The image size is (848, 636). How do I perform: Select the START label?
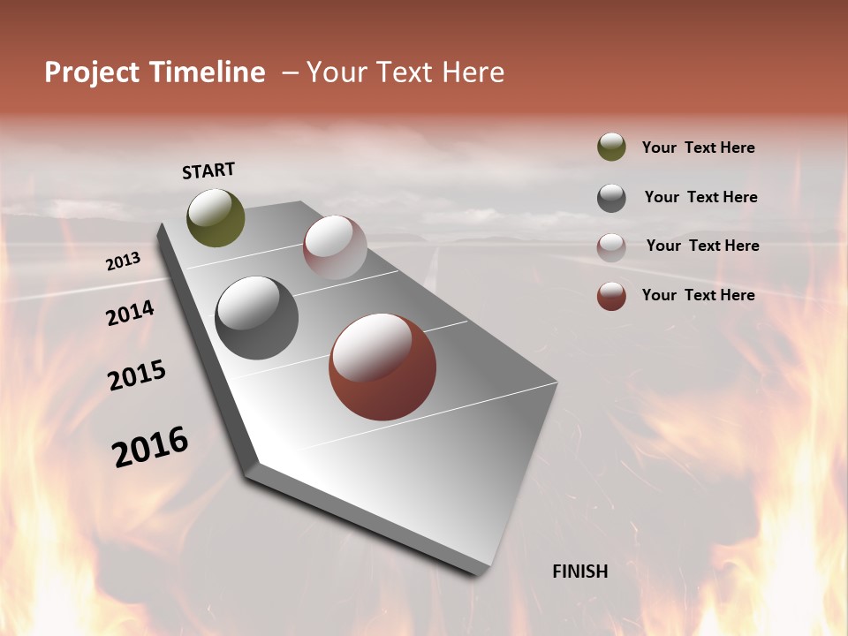[x=208, y=170]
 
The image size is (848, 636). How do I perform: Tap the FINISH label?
[x=580, y=572]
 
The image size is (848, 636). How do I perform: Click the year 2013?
[x=123, y=261]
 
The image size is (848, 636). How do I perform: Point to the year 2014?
[x=130, y=313]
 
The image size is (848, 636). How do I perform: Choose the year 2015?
[x=137, y=375]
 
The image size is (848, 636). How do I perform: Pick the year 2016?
[x=150, y=447]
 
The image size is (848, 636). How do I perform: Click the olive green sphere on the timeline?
[x=216, y=218]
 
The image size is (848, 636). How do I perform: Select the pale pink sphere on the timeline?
[x=335, y=247]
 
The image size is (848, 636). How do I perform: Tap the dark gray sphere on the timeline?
[x=257, y=318]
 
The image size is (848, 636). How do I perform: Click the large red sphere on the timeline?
[x=382, y=367]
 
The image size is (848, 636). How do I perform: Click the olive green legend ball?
[x=611, y=148]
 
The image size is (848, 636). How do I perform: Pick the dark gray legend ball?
[x=611, y=197]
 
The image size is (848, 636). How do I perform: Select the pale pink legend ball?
[x=611, y=246]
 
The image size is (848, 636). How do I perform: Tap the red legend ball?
[x=611, y=296]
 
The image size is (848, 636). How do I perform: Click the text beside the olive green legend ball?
[x=699, y=148]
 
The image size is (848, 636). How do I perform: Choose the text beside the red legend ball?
[x=699, y=295]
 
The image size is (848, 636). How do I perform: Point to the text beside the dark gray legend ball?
[x=701, y=197]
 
